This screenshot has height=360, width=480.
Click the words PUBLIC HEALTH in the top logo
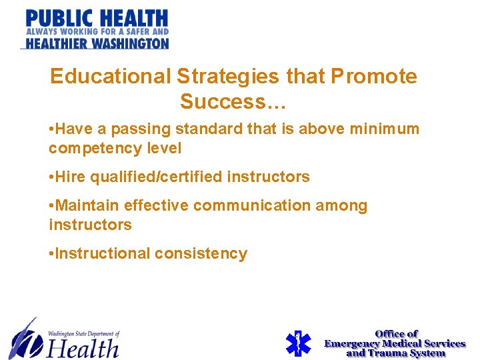click(x=97, y=17)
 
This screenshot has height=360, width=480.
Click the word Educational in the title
click(x=110, y=77)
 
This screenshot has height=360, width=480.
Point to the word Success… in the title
click(x=233, y=102)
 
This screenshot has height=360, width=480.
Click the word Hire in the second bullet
click(x=73, y=177)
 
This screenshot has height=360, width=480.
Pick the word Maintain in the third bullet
click(x=88, y=206)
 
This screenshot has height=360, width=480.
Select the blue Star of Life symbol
click(x=298, y=343)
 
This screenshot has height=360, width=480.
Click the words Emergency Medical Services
click(x=395, y=343)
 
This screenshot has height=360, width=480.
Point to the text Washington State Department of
click(x=83, y=333)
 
